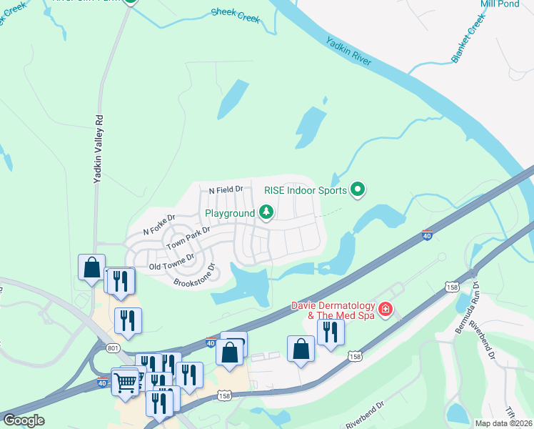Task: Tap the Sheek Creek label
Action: pyautogui.click(x=236, y=14)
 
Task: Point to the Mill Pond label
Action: pyautogui.click(x=499, y=4)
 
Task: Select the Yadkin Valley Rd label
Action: pyautogui.click(x=99, y=150)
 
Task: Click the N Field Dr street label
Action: pyautogui.click(x=226, y=190)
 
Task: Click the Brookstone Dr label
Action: pyautogui.click(x=194, y=277)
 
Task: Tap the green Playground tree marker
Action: pyautogui.click(x=266, y=212)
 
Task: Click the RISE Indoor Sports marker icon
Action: pyautogui.click(x=358, y=189)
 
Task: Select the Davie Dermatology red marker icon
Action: pyautogui.click(x=386, y=309)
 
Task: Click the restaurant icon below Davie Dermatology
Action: pyautogui.click(x=331, y=332)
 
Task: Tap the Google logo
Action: pyautogui.click(x=24, y=420)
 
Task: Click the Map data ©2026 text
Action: pyautogui.click(x=503, y=423)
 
